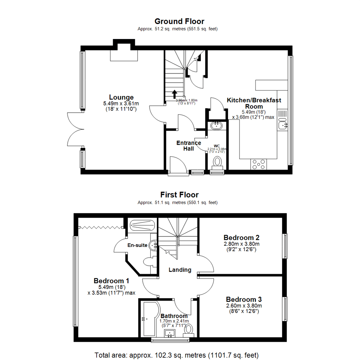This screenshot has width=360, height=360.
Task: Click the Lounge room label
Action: pyautogui.click(x=121, y=97)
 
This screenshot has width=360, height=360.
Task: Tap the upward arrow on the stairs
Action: pyautogui.click(x=174, y=94)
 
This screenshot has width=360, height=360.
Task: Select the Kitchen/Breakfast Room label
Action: pyautogui.click(x=254, y=103)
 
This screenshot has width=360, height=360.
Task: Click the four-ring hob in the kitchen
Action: pyautogui.click(x=259, y=164)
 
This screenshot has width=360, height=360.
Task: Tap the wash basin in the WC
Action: pyautogui.click(x=217, y=126)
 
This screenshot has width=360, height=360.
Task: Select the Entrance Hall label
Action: pyautogui.click(x=189, y=146)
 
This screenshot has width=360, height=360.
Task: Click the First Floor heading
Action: pyautogui.click(x=179, y=195)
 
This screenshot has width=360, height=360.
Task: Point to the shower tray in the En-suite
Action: pyautogui.click(x=142, y=226)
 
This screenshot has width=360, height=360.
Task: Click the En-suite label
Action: pyautogui.click(x=137, y=245)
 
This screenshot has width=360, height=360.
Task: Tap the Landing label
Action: pyautogui.click(x=180, y=270)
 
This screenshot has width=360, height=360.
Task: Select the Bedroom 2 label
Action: pyautogui.click(x=242, y=238)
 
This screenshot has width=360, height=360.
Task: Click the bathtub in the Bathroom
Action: pyautogui.click(x=148, y=318)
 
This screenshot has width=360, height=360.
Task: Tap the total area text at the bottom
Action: pyautogui.click(x=177, y=355)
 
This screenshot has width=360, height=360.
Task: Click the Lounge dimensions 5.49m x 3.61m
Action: pyautogui.click(x=121, y=104)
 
